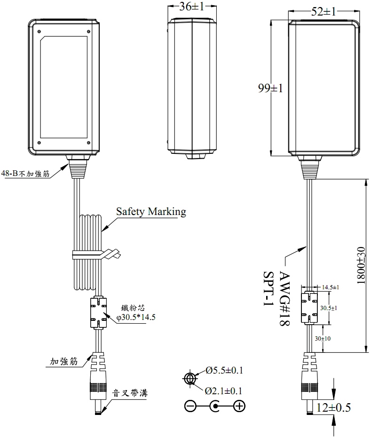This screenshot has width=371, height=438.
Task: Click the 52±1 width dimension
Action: point(323,12)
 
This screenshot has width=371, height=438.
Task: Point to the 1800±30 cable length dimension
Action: point(361,265)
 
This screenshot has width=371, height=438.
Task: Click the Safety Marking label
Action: point(151,212)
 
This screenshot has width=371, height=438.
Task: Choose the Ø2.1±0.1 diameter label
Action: point(224,390)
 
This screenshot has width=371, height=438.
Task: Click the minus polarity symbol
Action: point(190,406)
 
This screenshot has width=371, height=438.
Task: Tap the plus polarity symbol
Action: point(239,406)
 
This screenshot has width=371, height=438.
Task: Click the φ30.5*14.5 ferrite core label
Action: point(136,317)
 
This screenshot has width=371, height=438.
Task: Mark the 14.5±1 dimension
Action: point(331,287)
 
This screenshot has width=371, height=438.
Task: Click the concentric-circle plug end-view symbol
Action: point(190,379)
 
